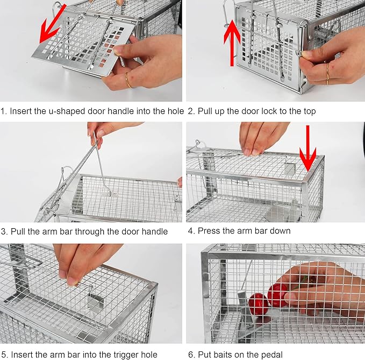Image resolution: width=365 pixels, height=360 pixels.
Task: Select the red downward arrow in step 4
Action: point(307,148)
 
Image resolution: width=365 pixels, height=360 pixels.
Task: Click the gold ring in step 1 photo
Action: point(128,81)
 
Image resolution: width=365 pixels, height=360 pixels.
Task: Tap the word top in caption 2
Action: point(309,111)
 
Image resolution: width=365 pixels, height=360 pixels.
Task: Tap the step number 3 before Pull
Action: point(3,231)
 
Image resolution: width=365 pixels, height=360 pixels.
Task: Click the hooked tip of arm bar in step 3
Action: point(109,193)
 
